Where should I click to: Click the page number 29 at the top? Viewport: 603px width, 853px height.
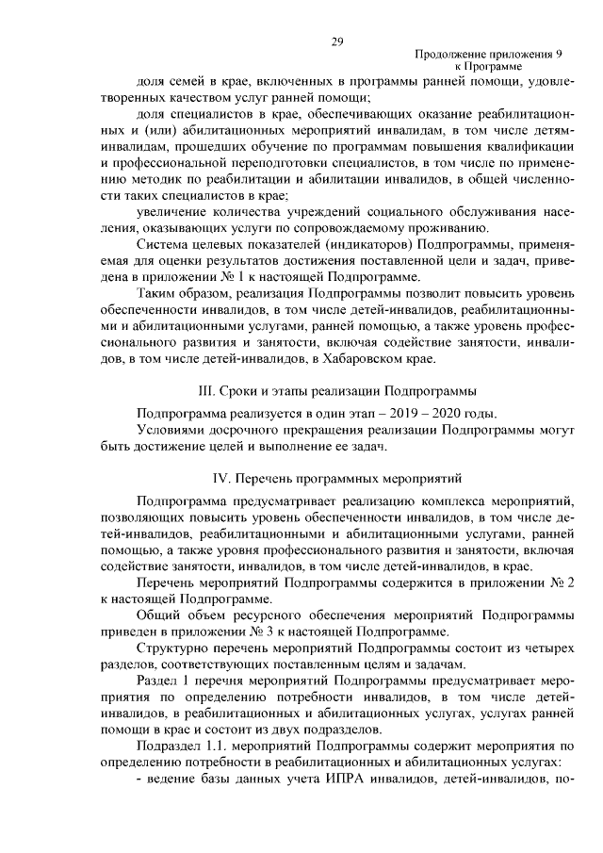pos(337,41)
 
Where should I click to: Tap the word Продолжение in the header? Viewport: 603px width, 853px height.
pos(448,56)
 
